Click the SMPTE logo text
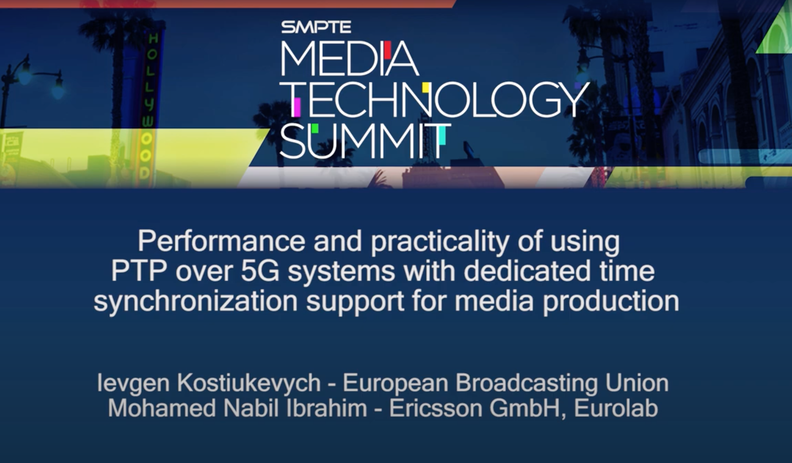316,27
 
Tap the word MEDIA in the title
349,59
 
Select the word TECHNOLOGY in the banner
438,100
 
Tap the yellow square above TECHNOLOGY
426,87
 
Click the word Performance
221,242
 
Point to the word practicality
440,242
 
